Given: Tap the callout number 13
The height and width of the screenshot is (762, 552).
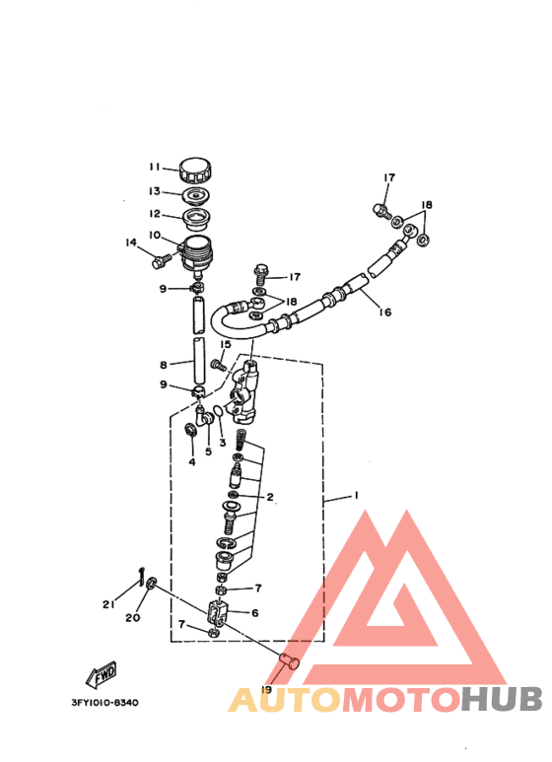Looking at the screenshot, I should [x=155, y=191].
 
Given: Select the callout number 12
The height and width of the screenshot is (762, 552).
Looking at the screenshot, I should [x=155, y=213].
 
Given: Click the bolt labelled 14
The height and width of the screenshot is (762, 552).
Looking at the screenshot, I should [x=161, y=260].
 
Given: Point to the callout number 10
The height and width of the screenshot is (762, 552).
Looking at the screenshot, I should [x=155, y=235].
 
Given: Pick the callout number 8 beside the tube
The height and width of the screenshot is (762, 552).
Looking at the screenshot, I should [x=164, y=365].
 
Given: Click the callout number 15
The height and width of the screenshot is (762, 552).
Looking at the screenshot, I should [x=226, y=345].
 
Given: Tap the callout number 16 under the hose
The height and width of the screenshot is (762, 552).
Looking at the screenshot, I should [x=384, y=312].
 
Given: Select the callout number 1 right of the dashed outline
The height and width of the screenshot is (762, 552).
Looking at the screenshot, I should [x=356, y=497].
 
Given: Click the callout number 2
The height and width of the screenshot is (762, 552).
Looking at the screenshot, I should [x=269, y=497].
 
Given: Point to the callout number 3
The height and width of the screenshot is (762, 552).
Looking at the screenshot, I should [x=223, y=443].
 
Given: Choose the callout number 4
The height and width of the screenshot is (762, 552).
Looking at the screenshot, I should [x=192, y=461].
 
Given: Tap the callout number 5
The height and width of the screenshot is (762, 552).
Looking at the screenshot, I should [x=208, y=451].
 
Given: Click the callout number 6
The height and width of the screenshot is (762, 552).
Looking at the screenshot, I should [x=255, y=613].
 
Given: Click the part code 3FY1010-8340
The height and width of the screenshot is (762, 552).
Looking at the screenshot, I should [x=104, y=703].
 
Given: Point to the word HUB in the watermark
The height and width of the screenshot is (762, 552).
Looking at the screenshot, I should [x=502, y=699].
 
